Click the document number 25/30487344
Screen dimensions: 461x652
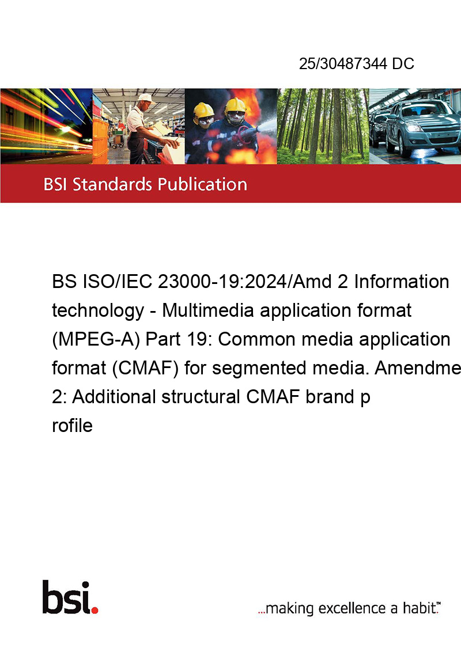tap(343, 63)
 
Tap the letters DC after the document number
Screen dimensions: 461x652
tap(403, 63)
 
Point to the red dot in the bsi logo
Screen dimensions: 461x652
tap(95, 610)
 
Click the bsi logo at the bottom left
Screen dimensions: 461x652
tap(70, 597)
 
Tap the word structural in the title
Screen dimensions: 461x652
tap(201, 397)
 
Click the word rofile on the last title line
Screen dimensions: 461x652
tap(72, 426)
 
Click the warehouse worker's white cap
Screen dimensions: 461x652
tap(145, 98)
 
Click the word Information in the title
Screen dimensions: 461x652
tap(402, 282)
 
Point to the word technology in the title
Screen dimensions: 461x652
tap(98, 311)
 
